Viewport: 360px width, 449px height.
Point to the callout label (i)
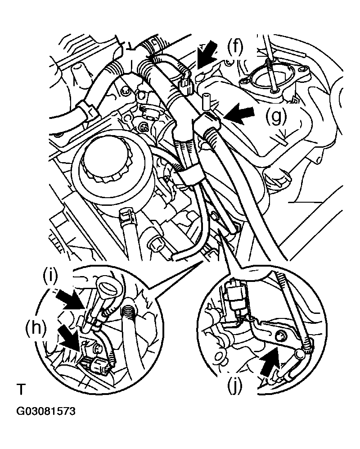point(53,276)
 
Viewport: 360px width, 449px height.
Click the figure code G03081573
point(45,412)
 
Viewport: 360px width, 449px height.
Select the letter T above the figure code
point(20,388)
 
